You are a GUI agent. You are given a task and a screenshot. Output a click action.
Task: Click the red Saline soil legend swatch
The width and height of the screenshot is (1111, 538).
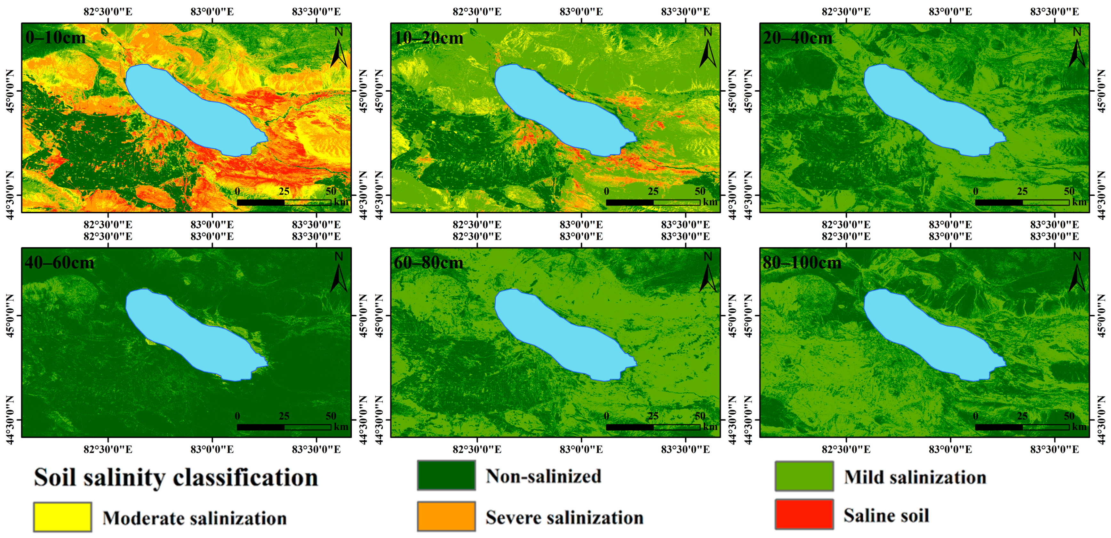pos(804,514)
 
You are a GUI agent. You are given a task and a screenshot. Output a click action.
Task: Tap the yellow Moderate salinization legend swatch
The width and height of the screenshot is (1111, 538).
pos(62,517)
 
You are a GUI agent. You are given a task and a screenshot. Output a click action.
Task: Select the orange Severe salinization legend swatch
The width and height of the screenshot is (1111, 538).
pos(446,516)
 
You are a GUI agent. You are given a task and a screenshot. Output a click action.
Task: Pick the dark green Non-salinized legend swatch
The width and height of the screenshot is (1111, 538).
pos(446,475)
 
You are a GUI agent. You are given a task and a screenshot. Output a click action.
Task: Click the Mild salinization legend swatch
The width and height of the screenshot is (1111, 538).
pos(804,476)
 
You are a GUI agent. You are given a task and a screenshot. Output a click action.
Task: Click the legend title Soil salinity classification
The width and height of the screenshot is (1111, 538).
pos(176,477)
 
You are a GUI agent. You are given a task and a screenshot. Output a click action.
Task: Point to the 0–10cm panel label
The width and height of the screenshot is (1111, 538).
pos(56,38)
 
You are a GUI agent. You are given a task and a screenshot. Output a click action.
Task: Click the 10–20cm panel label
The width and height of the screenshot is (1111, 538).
pos(429,38)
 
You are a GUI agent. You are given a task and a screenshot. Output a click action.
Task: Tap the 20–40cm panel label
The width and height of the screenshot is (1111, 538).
pos(797,38)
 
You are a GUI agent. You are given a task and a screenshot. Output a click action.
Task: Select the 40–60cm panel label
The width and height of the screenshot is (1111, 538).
pos(59,263)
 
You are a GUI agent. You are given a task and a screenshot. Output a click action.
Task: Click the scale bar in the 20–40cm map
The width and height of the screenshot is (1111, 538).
pos(1022,202)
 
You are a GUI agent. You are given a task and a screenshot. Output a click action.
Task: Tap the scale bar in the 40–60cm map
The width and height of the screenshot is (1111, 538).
pos(284,427)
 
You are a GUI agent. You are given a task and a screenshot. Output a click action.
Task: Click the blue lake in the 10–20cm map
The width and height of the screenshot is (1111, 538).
pos(561,108)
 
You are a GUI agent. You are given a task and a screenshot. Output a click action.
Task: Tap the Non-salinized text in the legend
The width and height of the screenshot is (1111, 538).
pos(543,476)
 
